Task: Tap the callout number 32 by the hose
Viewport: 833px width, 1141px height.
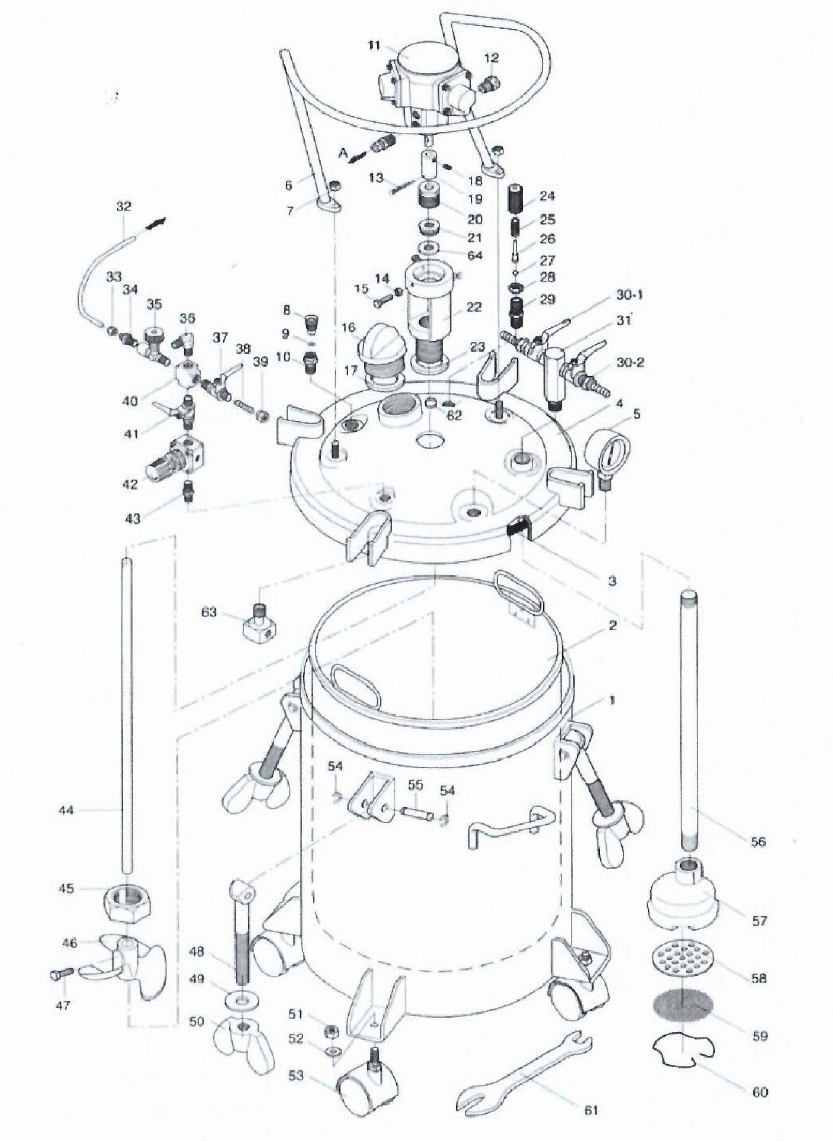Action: click(x=123, y=207)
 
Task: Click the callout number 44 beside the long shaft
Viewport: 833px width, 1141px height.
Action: click(x=66, y=810)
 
